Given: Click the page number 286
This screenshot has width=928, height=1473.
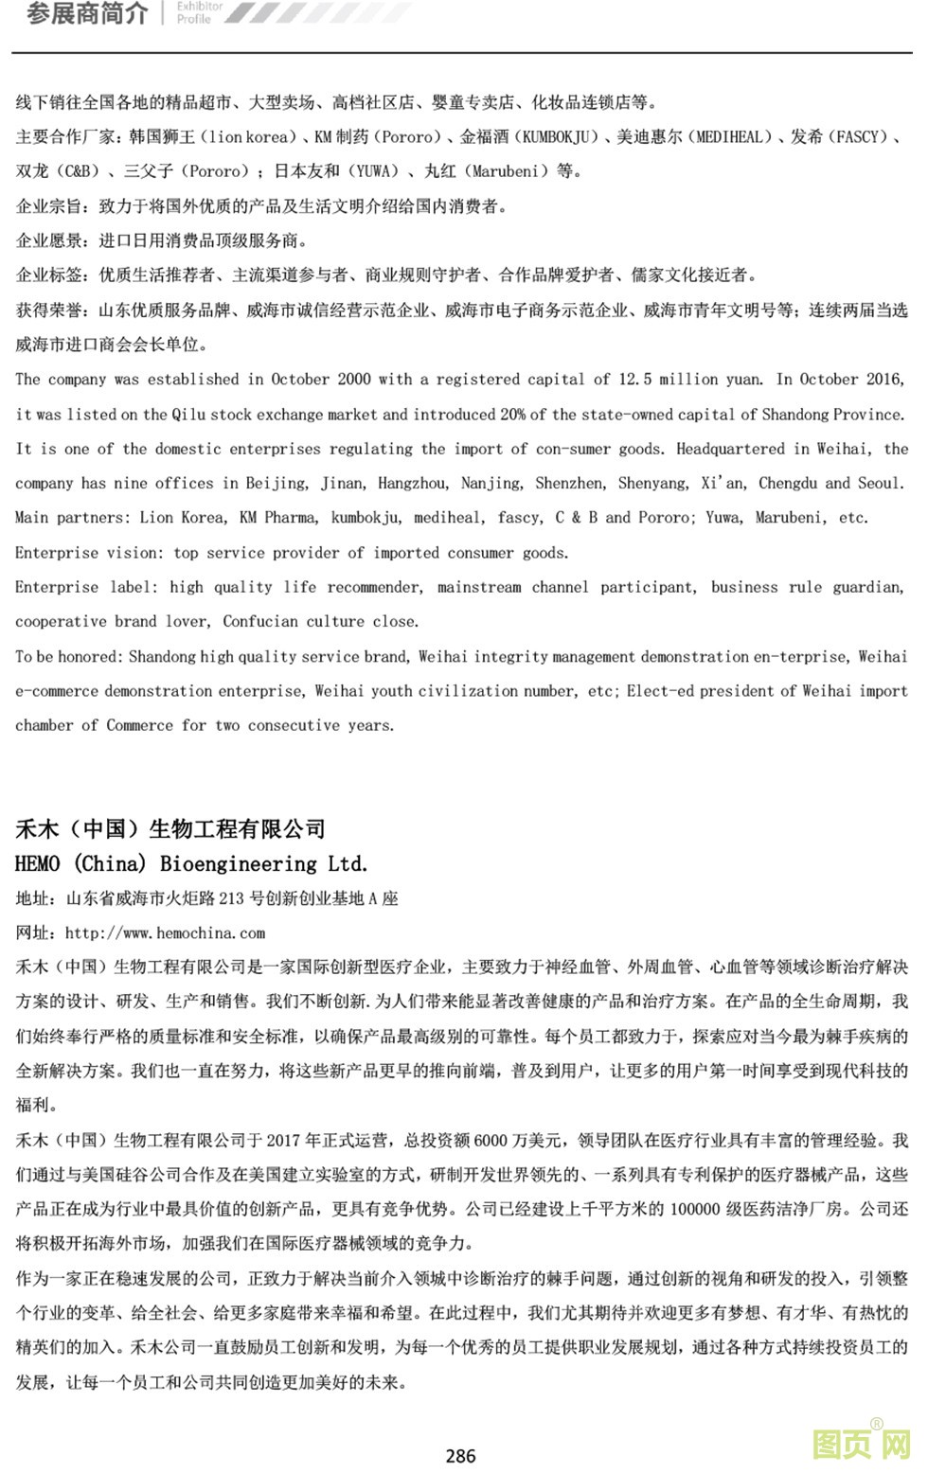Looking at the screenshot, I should click(x=460, y=1456).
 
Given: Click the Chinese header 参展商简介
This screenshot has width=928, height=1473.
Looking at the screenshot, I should click(x=87, y=14).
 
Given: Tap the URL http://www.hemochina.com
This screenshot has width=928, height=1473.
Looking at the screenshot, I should click(x=165, y=933).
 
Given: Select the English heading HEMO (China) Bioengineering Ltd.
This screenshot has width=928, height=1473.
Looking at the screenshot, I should click(x=191, y=863).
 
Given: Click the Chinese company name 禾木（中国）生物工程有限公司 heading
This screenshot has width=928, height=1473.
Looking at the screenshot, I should click(x=170, y=829).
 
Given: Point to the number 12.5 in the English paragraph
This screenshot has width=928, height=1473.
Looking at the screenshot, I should click(x=634, y=380).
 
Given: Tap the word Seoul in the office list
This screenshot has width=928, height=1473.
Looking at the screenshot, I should click(x=880, y=484).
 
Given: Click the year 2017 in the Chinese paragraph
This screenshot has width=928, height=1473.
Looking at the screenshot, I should click(x=283, y=1141).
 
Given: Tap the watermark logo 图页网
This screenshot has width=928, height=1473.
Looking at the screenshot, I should click(x=861, y=1445).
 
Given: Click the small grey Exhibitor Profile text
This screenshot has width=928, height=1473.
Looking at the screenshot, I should click(x=200, y=12).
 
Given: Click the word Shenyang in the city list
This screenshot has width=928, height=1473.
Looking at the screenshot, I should click(x=652, y=484).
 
